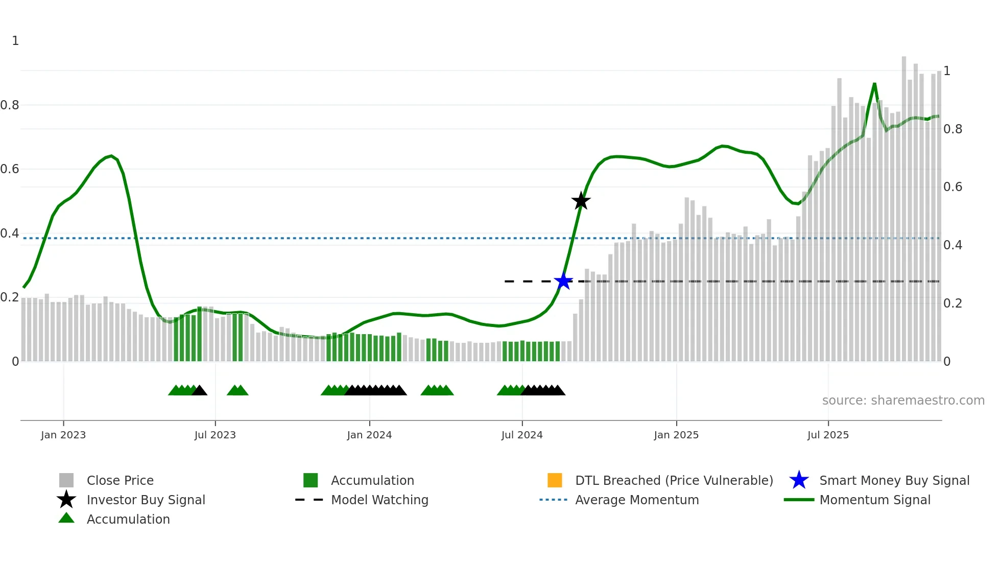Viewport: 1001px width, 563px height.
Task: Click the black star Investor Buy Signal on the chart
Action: click(x=581, y=201)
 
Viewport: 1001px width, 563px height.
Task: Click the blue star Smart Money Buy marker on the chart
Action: click(x=563, y=281)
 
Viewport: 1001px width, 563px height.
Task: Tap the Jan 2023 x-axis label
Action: click(x=63, y=435)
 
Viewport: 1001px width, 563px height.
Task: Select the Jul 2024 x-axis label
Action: click(x=522, y=435)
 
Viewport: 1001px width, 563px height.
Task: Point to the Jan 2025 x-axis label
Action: click(x=676, y=435)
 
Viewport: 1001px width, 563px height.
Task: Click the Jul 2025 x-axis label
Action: click(x=828, y=435)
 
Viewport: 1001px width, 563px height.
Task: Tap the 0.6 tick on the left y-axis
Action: click(x=10, y=169)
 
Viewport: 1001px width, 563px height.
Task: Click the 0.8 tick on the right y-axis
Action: click(x=952, y=129)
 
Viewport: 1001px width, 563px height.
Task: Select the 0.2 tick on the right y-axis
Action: click(x=952, y=303)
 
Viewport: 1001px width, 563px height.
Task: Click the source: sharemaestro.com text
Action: click(x=903, y=401)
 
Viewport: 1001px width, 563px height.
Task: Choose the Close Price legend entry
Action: click(x=120, y=481)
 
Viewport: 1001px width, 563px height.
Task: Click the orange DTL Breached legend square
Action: click(x=555, y=480)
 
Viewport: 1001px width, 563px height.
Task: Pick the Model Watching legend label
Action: click(x=379, y=500)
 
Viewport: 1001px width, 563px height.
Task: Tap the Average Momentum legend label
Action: click(x=637, y=500)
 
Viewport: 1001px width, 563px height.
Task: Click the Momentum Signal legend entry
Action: click(x=875, y=500)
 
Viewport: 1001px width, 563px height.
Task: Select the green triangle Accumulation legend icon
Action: click(x=66, y=519)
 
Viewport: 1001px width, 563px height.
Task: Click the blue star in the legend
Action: click(x=799, y=480)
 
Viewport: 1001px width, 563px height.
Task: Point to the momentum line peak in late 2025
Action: click(x=874, y=84)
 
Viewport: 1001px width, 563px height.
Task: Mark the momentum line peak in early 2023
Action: click(x=111, y=156)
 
